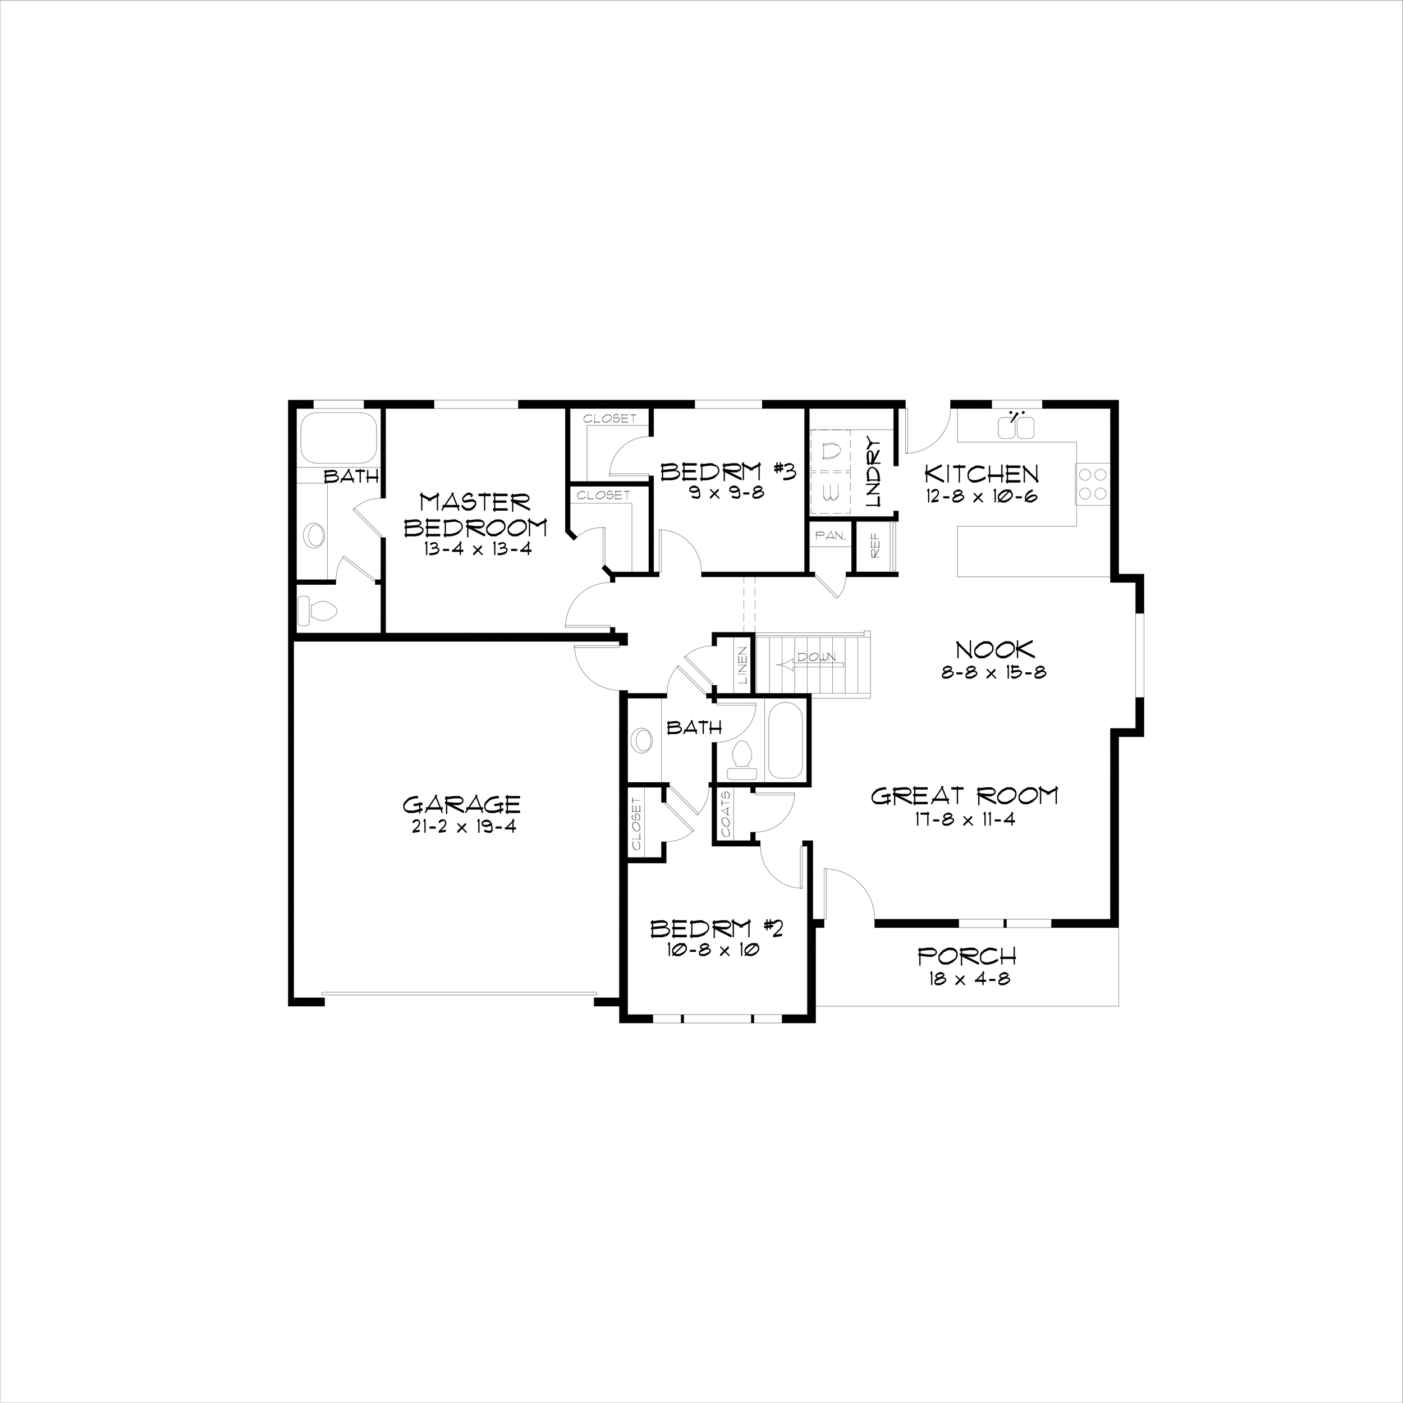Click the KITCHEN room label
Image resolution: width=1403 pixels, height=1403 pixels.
tap(981, 474)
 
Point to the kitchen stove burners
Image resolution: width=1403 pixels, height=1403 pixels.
tap(1093, 484)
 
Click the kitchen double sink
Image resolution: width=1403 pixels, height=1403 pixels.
tap(1016, 428)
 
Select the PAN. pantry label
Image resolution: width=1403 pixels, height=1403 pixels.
tap(829, 536)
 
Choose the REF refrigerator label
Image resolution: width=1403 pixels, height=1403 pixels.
tap(875, 546)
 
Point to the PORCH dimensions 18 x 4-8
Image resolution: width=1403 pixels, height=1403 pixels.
tap(969, 979)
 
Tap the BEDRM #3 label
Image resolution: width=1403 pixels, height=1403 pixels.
tap(728, 472)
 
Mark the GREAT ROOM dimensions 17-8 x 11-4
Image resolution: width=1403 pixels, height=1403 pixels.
tap(964, 819)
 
